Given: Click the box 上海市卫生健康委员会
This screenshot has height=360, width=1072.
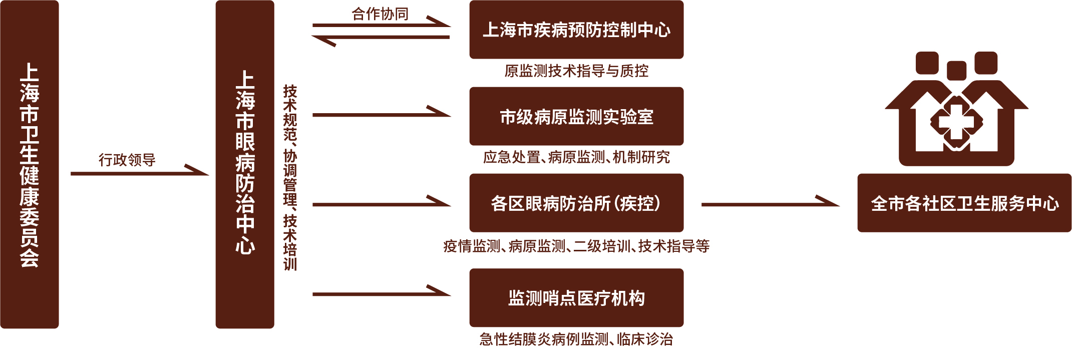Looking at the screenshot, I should click(x=30, y=164).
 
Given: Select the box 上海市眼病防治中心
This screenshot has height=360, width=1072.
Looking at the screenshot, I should click(x=245, y=164).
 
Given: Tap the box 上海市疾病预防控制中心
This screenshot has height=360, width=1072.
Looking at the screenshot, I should click(x=576, y=30).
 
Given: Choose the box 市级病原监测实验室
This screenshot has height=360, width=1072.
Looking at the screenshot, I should click(x=576, y=116).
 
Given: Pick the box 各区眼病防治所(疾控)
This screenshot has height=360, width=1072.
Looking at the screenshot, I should click(x=576, y=203).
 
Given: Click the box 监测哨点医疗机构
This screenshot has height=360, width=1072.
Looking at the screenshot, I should click(x=576, y=297).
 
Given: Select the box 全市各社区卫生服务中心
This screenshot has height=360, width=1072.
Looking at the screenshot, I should click(x=964, y=203).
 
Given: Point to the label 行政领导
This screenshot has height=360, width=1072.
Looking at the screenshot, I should click(x=127, y=160).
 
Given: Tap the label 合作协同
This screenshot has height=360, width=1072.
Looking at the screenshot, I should click(x=380, y=14).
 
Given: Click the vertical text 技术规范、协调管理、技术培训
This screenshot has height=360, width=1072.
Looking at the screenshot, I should click(x=290, y=178).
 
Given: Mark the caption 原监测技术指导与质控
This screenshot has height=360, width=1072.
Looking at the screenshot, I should click(x=576, y=71).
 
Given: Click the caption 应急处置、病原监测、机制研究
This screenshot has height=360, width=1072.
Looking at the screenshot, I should click(x=576, y=157).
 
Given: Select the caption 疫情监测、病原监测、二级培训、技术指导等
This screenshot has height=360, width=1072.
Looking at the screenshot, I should click(x=576, y=246).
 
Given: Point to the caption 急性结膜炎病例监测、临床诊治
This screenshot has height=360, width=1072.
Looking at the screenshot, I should click(x=576, y=339).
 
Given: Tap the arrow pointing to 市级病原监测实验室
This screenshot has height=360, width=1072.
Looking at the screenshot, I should click(x=381, y=115).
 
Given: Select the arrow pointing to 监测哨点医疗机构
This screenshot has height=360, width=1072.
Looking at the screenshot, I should click(x=381, y=294).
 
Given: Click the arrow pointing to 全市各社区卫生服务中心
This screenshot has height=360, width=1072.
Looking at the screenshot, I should click(x=770, y=204).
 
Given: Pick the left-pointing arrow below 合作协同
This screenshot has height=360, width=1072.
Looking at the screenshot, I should click(x=381, y=38).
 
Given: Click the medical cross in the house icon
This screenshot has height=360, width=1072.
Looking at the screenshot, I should click(x=956, y=122).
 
